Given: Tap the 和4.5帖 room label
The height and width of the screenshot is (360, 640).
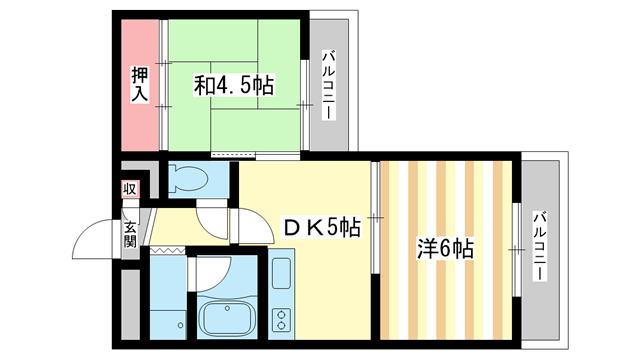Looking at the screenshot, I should pos(234,86).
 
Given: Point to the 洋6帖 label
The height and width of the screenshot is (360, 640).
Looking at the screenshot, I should pos(445,248).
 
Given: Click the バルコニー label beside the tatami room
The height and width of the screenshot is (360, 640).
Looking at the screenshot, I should pos(327,85).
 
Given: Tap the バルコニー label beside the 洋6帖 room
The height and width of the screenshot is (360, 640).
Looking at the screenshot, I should pos(540,245).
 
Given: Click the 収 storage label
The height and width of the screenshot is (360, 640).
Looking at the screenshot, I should pos(130,189).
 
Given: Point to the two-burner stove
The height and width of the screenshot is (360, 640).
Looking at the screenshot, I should pos(280,320).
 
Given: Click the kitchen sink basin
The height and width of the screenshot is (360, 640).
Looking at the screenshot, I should pos(280,272).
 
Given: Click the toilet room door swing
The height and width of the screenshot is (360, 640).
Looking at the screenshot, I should pos(212,215).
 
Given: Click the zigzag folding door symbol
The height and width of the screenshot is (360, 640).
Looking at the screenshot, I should pos(167,247).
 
